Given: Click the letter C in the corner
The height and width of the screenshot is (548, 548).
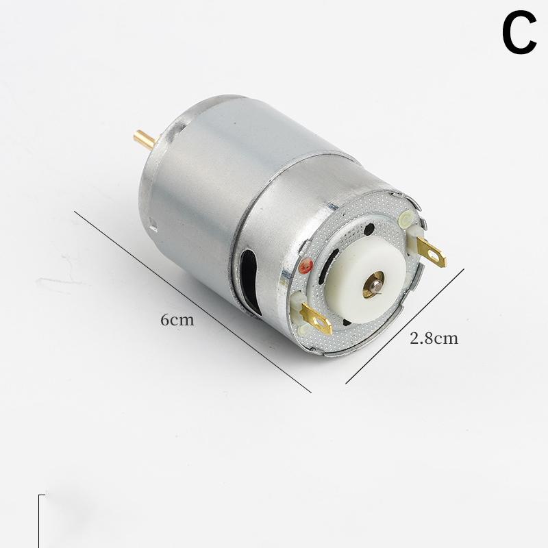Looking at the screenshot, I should point(519,35).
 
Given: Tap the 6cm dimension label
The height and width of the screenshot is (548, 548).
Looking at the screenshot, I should point(177,319).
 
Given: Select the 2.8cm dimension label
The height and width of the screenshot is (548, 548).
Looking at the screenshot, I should point(434,338).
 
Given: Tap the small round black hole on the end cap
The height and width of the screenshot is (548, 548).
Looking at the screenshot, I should point(370,229).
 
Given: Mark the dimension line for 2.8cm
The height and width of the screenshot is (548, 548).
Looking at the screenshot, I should point(405,325).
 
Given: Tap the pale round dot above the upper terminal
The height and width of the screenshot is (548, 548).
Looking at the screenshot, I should point(404,220).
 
